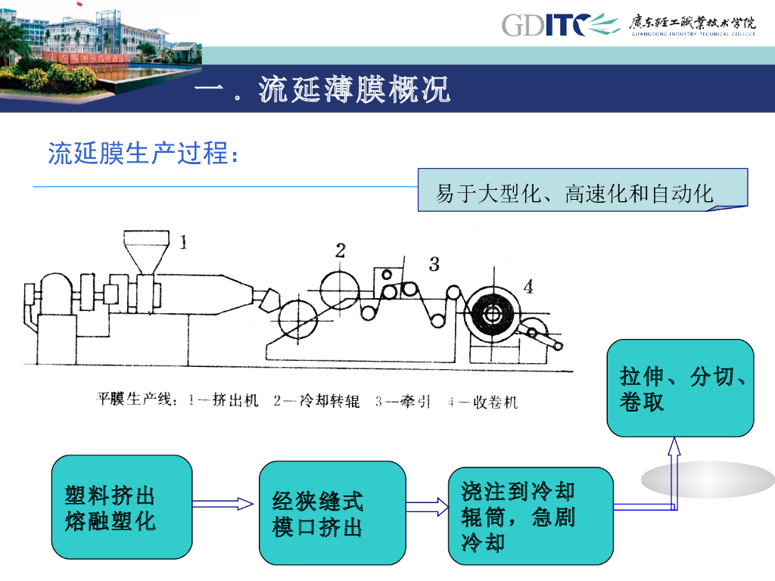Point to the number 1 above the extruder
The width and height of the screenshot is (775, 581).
click(x=183, y=242)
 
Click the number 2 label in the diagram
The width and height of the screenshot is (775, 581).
click(x=341, y=250)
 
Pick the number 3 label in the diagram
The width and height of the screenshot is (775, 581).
click(x=434, y=263)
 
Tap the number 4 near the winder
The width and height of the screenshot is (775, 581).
click(x=528, y=287)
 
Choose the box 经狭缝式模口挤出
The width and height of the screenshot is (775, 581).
click(x=331, y=513)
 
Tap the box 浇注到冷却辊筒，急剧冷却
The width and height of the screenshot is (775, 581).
click(x=530, y=517)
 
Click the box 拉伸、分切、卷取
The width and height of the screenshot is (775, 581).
click(x=680, y=387)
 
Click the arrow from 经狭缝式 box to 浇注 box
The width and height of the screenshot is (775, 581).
click(x=428, y=506)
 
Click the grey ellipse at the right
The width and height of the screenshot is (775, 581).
click(x=708, y=480)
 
